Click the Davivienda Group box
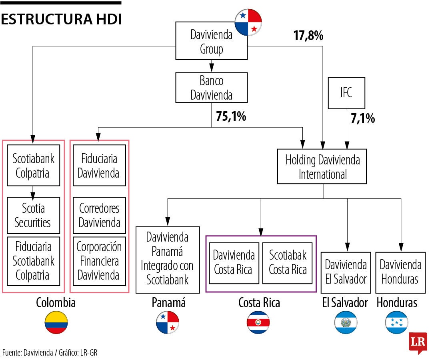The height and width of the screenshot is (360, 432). pyautogui.click(x=212, y=42)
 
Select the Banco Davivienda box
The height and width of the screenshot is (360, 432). pyautogui.click(x=212, y=88)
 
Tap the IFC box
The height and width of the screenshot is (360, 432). pyautogui.click(x=346, y=93)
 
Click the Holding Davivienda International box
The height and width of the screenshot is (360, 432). pyautogui.click(x=322, y=166)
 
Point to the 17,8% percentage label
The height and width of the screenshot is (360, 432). pyautogui.click(x=308, y=36)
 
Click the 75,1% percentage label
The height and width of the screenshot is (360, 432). pyautogui.click(x=231, y=116)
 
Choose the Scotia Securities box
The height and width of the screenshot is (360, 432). pyautogui.click(x=34, y=215)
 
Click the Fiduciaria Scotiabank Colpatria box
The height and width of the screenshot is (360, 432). pyautogui.click(x=34, y=261)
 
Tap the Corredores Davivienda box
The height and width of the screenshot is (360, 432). pyautogui.click(x=99, y=215)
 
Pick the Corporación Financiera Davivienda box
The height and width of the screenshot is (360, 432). pyautogui.click(x=99, y=261)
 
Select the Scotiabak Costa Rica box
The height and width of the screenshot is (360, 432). pyautogui.click(x=288, y=262)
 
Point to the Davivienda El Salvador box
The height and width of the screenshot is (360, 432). pyautogui.click(x=346, y=272)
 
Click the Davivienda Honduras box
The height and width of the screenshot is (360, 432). pyautogui.click(x=400, y=272)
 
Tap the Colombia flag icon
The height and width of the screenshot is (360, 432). pyautogui.click(x=56, y=322)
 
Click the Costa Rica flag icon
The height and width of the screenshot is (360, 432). pyautogui.click(x=258, y=322)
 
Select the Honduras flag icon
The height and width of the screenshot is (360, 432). pyautogui.click(x=396, y=322)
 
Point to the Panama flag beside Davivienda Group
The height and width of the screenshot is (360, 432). pyautogui.click(x=248, y=22)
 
